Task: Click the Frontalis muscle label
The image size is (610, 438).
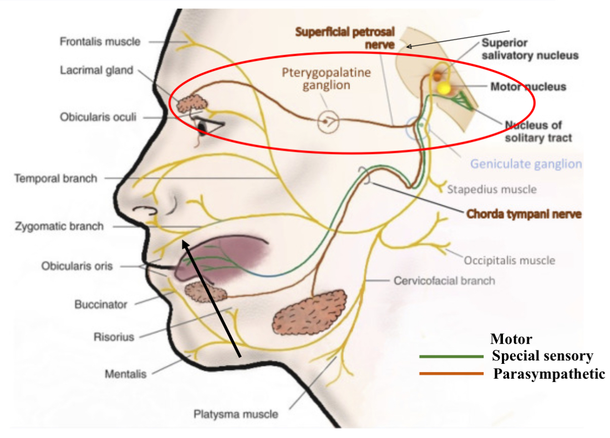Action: point(100,42)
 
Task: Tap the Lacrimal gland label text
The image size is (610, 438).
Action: point(96,70)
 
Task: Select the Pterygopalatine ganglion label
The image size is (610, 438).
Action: point(327,79)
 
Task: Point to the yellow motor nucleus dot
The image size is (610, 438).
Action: point(444,87)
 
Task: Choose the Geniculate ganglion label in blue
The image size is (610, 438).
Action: point(526,163)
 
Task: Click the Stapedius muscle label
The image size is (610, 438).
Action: point(492,189)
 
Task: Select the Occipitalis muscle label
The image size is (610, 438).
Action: point(509,260)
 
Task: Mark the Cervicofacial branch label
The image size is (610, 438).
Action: point(444,280)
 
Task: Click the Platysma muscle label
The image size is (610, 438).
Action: point(236,414)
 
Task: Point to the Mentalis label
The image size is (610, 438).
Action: point(126,374)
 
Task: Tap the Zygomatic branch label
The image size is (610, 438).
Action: point(59,226)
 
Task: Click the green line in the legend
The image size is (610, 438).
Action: point(451,356)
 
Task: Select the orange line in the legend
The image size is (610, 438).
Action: point(451,374)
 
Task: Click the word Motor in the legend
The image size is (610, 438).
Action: point(511,339)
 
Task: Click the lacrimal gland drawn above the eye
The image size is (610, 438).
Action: point(191,103)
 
